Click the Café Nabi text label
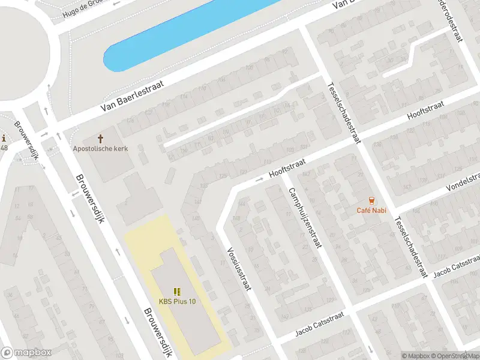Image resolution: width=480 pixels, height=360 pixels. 371,210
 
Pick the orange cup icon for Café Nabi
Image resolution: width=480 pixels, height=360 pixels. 372,200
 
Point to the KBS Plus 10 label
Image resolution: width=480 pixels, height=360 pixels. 177,301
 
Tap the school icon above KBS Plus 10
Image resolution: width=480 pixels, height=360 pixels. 177,292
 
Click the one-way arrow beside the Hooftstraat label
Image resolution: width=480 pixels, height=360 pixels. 260,179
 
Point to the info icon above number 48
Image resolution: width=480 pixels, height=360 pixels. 3,139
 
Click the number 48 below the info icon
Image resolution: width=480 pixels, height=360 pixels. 4,148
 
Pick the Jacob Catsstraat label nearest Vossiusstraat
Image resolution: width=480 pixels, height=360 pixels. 319,328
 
